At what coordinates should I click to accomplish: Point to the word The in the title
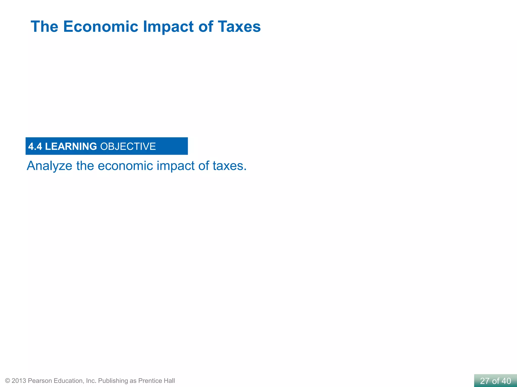[44, 26]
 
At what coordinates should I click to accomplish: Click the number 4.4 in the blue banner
[35, 146]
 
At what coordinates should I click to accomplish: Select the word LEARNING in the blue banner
[71, 146]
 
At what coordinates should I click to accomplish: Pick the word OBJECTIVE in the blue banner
[128, 146]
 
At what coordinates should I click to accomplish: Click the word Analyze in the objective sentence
[49, 166]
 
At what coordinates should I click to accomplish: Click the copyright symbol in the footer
[8, 381]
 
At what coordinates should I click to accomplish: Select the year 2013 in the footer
[19, 381]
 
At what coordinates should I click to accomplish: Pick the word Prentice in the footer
[150, 381]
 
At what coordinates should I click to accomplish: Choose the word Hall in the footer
[169, 381]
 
